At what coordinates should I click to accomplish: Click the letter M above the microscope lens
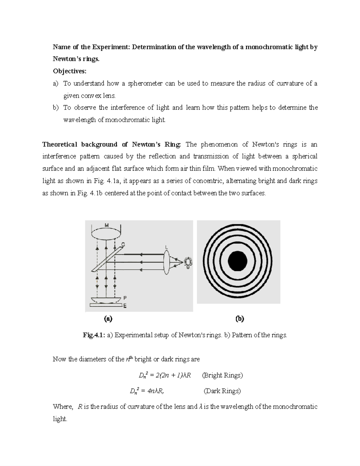[x=106, y=225]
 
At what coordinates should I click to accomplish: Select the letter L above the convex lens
[x=167, y=247]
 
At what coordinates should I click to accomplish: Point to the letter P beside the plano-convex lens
[x=125, y=298]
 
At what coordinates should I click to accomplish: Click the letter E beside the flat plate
[x=125, y=306]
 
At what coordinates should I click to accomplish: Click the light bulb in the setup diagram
[x=188, y=262]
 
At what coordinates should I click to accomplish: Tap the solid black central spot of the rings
[x=238, y=262]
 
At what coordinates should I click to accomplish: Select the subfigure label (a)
[x=108, y=319]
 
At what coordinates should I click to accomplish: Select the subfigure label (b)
[x=240, y=319]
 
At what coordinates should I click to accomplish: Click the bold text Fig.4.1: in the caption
[x=92, y=335]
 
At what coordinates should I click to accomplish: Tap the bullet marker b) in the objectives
[x=56, y=108]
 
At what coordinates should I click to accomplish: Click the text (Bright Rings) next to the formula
[x=222, y=375]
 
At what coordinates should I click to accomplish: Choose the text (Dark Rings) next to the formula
[x=222, y=391]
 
